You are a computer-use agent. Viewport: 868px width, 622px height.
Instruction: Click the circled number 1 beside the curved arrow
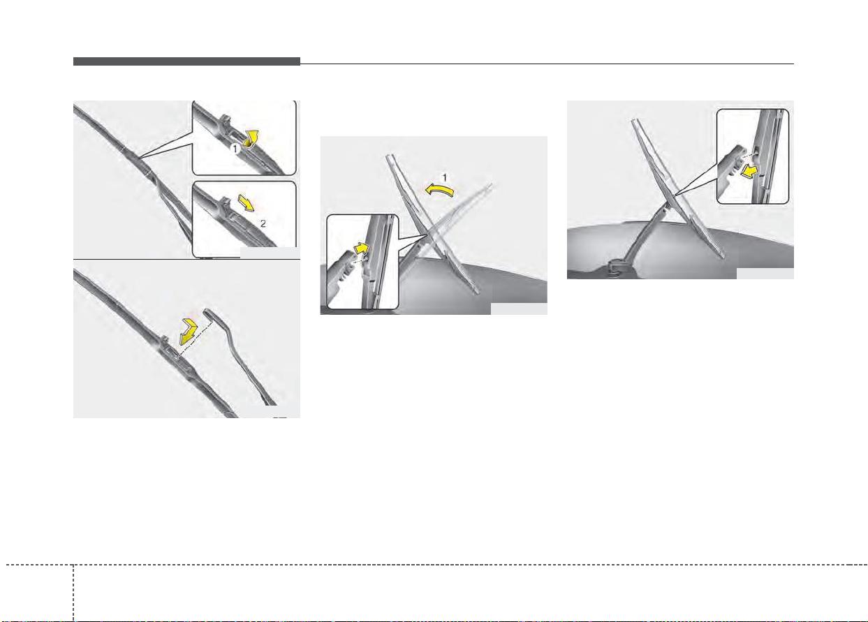pos(235,148)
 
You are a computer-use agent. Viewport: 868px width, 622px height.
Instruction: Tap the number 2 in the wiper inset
pos(263,224)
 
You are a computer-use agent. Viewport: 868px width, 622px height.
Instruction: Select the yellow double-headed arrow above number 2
pos(247,203)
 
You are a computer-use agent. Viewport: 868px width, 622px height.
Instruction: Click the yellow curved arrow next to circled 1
pos(251,139)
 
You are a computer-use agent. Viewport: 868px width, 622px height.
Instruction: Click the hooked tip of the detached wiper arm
pos(208,311)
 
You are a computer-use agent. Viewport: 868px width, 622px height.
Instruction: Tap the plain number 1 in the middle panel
pos(444,178)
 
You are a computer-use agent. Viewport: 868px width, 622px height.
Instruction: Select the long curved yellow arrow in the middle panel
pos(439,190)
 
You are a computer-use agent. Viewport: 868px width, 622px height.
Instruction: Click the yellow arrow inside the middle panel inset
pos(361,249)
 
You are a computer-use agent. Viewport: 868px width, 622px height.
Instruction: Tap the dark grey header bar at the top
pos(186,61)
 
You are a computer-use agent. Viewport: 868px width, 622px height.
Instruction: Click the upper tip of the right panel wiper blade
pos(634,121)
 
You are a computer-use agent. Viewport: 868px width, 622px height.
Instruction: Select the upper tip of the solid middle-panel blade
pos(389,156)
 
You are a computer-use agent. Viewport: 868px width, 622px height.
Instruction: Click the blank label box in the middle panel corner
pos(519,309)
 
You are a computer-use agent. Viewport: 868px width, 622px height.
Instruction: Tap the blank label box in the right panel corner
pos(765,273)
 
